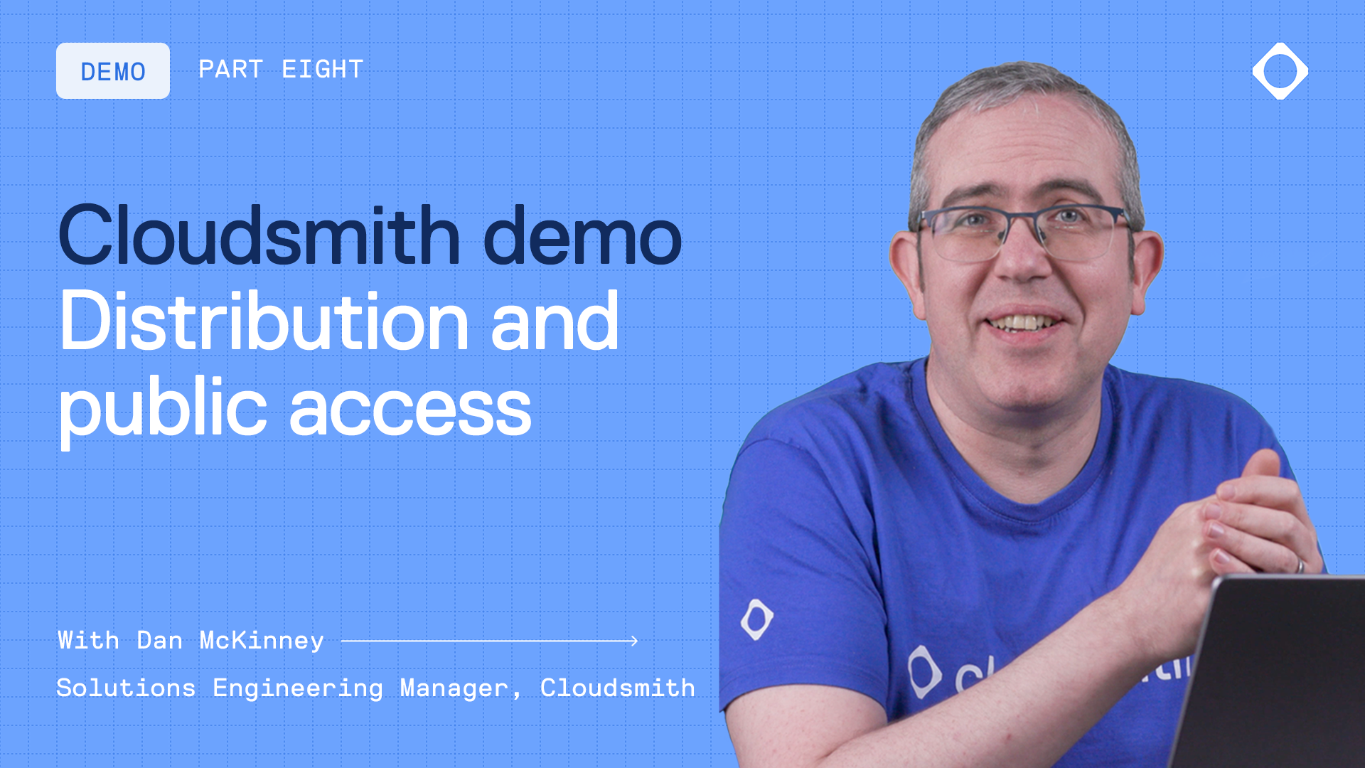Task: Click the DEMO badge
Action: click(x=113, y=71)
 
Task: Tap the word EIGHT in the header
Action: click(x=323, y=70)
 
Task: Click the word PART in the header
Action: click(x=230, y=70)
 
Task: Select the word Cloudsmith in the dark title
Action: click(x=259, y=235)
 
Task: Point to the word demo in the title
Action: click(x=582, y=235)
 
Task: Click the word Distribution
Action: click(x=264, y=322)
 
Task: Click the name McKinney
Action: click(x=262, y=641)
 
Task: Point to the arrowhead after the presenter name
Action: click(x=633, y=641)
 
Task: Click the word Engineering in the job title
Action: click(x=298, y=688)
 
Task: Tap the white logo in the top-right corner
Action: click(x=1280, y=71)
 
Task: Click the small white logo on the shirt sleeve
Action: click(x=756, y=619)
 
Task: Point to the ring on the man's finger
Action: click(x=1299, y=565)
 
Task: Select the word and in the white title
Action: click(x=555, y=322)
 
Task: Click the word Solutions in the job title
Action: click(x=126, y=688)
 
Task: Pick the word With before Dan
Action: click(x=88, y=641)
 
